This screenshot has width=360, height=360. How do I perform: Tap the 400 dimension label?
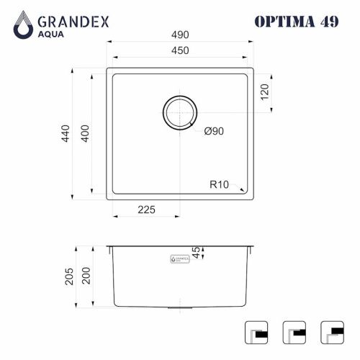(x=85, y=135)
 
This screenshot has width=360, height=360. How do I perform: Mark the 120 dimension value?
(x=264, y=91)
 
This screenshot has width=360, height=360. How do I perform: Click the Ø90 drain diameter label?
(x=215, y=130)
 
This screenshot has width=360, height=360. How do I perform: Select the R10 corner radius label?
(x=220, y=184)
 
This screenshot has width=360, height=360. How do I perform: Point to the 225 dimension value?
(x=147, y=210)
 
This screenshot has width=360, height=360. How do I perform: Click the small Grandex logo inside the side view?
(x=178, y=256)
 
